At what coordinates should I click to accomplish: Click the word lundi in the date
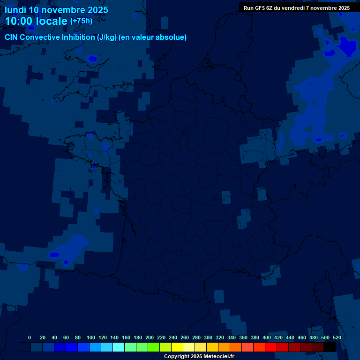tap(15, 10)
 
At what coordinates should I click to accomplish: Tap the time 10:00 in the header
tap(19, 22)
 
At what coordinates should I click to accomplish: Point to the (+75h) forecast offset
tap(81, 21)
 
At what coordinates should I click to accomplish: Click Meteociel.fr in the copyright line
tap(218, 357)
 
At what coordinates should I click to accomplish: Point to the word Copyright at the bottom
tap(177, 357)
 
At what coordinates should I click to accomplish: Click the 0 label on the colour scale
tap(30, 337)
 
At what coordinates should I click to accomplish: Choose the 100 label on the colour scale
tap(91, 337)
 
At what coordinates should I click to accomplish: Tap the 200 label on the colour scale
tap(150, 337)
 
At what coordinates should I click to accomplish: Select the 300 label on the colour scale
tap(208, 337)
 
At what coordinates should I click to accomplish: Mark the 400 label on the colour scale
tap(267, 337)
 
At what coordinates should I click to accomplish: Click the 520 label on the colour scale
tap(337, 337)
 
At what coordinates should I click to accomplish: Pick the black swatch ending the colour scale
tap(330, 347)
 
